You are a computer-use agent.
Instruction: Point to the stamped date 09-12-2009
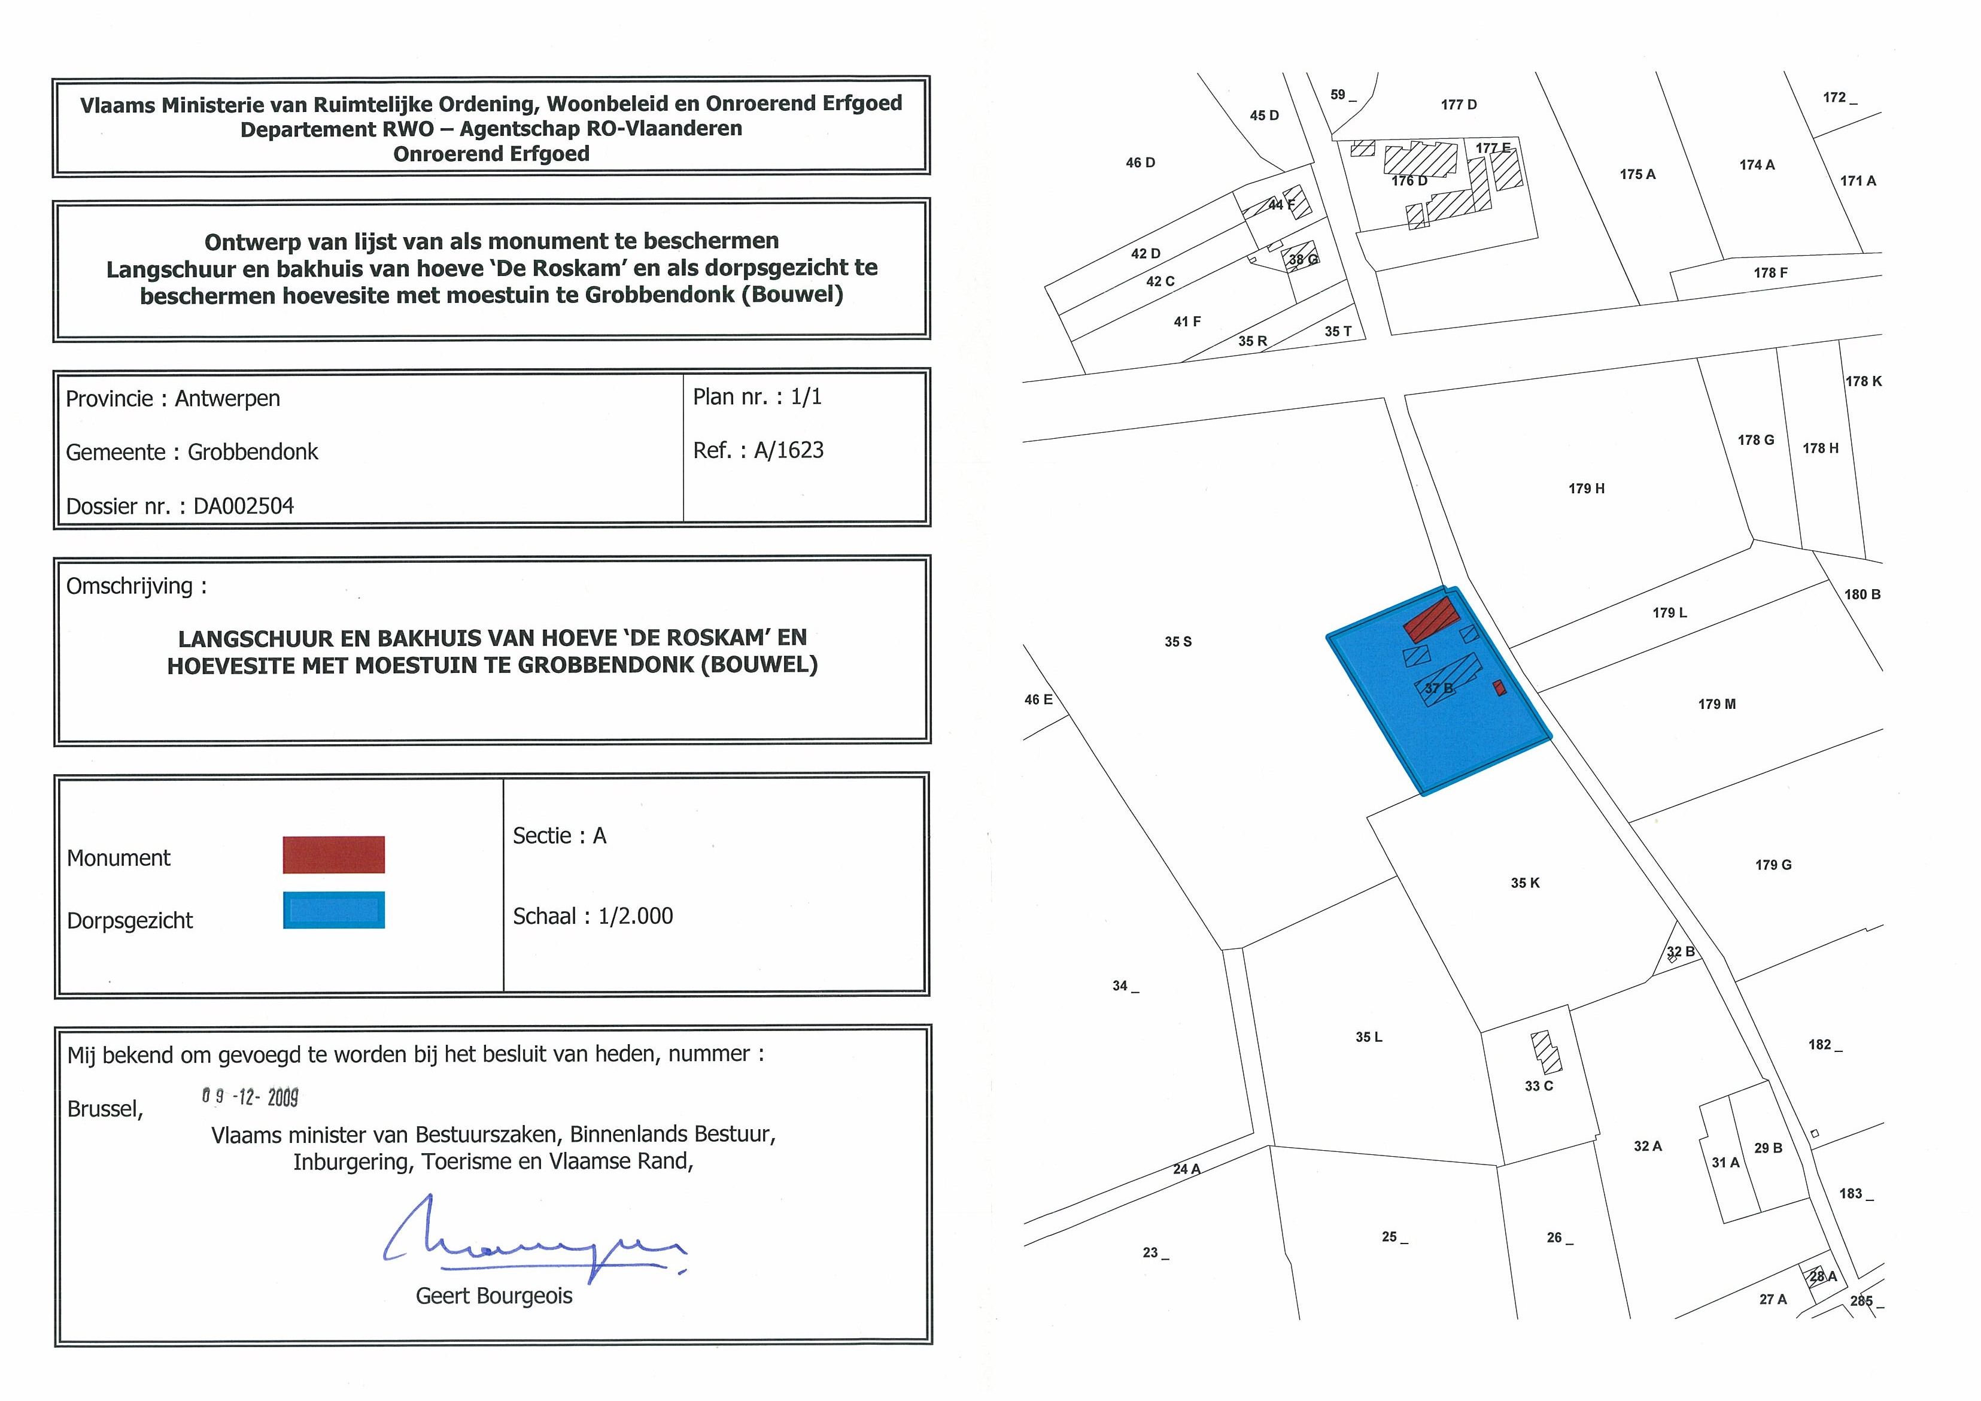click(x=250, y=1097)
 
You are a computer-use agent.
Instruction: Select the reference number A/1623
click(x=789, y=451)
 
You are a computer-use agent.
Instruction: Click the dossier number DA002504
click(x=244, y=506)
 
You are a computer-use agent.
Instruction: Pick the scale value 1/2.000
click(x=635, y=916)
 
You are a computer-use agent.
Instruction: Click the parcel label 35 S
click(x=1178, y=641)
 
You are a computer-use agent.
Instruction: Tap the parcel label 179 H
click(x=1586, y=489)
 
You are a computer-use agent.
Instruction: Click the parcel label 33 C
click(x=1538, y=1086)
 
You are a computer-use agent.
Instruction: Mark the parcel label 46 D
click(x=1140, y=162)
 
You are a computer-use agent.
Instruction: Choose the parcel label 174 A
click(x=1757, y=165)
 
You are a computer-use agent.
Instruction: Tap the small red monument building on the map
click(x=1500, y=687)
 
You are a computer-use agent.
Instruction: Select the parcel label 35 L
click(x=1368, y=1037)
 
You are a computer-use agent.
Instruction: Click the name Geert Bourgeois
click(x=494, y=1296)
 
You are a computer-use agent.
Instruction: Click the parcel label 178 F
click(x=1770, y=273)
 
